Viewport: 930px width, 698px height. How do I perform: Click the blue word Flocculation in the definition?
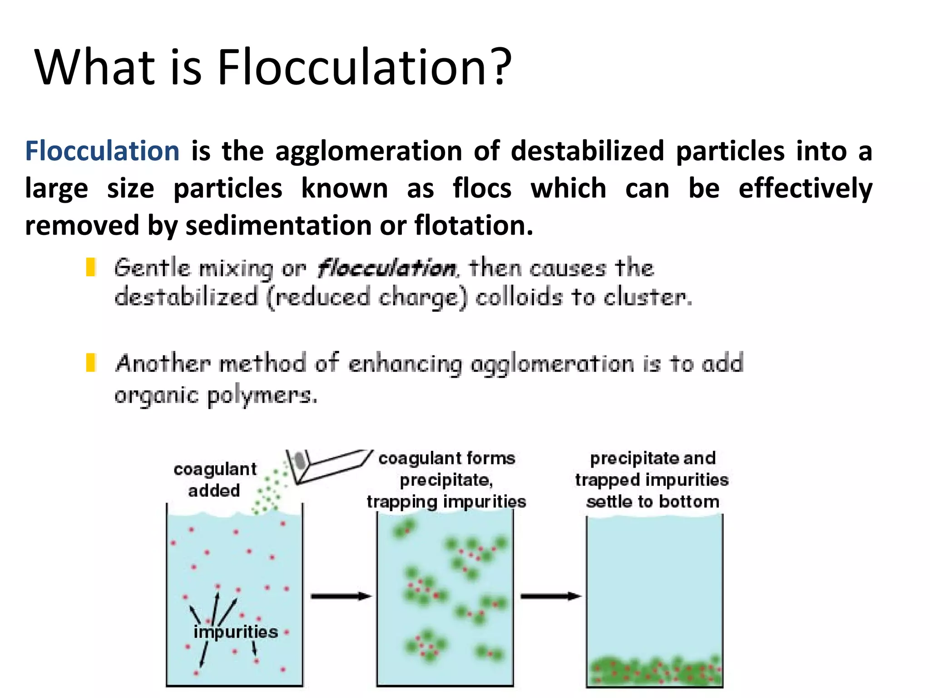point(102,151)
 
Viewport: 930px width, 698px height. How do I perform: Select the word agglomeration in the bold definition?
point(369,151)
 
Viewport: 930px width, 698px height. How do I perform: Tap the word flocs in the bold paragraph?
point(482,188)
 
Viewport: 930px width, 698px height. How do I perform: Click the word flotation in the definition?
point(472,225)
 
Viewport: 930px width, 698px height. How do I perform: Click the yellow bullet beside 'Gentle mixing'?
point(91,267)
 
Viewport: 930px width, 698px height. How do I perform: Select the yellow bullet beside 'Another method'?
point(91,363)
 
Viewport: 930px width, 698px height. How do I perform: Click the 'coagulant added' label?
point(215,479)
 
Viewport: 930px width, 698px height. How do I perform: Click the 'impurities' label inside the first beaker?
point(235,632)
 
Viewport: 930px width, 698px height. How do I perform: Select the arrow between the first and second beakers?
point(341,596)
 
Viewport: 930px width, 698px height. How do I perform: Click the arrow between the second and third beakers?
point(550,596)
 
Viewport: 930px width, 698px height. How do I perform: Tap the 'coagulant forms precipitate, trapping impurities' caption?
point(446,480)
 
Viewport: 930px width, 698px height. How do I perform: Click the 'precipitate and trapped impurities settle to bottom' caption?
point(653,480)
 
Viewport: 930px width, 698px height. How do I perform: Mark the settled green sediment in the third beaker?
point(654,671)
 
